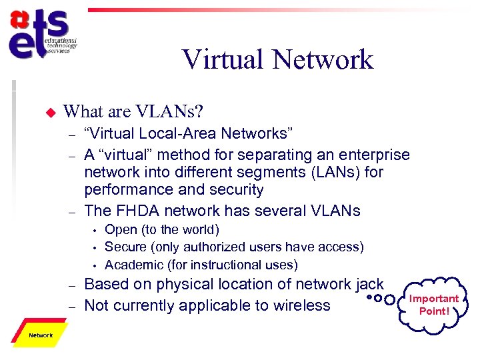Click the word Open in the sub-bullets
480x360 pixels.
point(121,230)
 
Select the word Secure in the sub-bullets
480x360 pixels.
point(125,247)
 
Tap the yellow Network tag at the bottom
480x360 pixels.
point(41,335)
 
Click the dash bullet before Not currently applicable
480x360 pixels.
point(72,306)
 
